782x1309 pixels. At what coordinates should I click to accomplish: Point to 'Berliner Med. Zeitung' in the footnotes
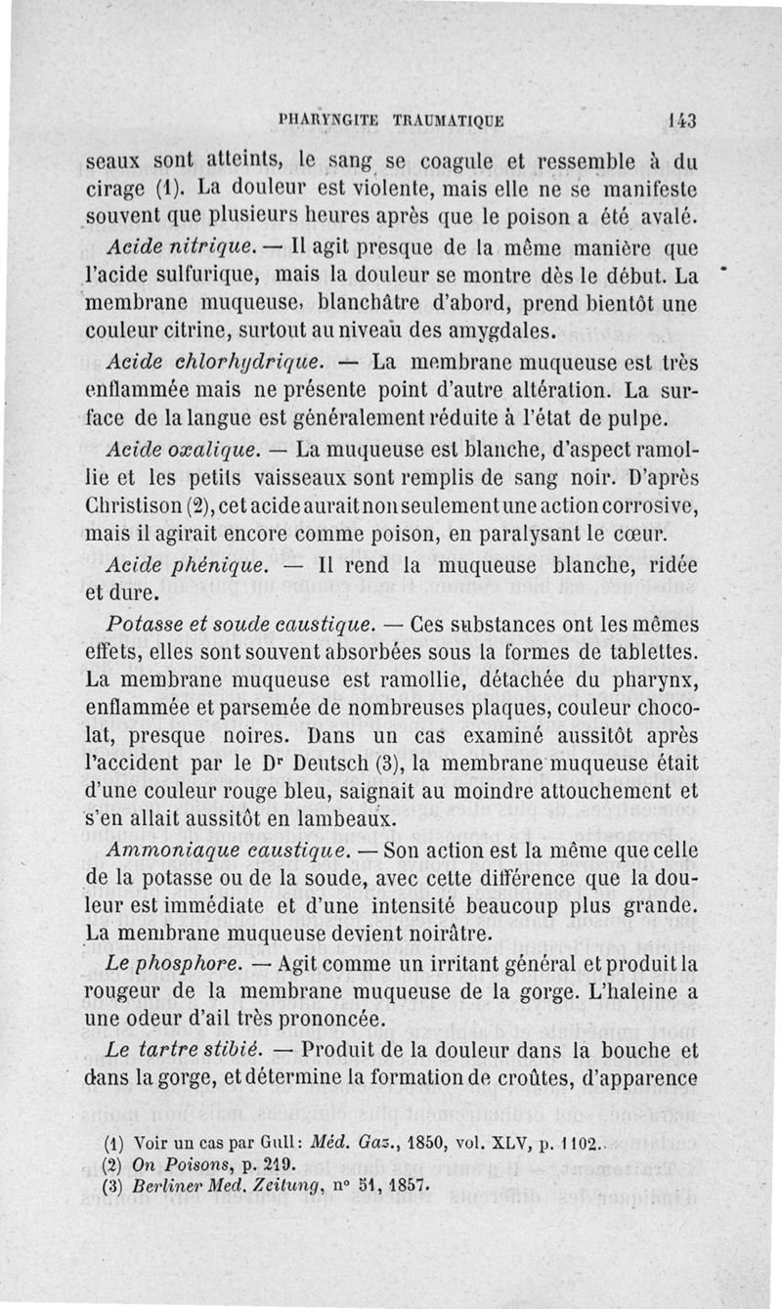pos(204,1186)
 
